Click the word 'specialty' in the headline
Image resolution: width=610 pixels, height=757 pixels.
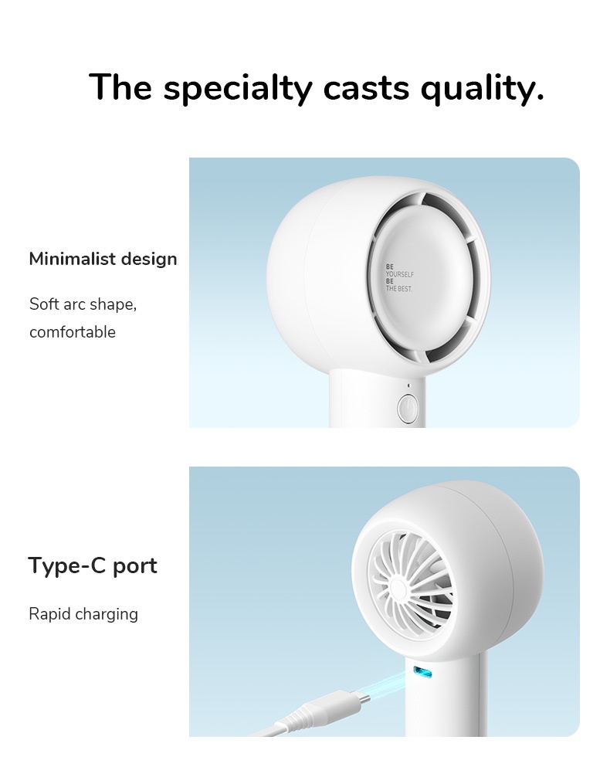point(238,87)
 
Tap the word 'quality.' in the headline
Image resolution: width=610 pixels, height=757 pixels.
point(482,87)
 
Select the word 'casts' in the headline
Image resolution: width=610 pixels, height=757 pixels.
point(366,87)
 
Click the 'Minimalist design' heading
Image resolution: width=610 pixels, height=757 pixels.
point(103,260)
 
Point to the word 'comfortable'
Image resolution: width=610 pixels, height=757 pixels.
point(73,332)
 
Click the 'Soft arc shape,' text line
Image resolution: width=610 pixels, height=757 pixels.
point(83,304)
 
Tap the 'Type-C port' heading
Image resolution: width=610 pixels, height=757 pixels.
point(93,565)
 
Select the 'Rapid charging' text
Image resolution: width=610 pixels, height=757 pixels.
point(83,614)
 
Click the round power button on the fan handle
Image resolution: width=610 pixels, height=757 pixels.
point(408,409)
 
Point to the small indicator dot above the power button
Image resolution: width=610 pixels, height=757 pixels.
point(408,385)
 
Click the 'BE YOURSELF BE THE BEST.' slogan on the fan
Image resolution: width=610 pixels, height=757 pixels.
point(399,277)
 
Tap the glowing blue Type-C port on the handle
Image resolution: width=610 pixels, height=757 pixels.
point(422,671)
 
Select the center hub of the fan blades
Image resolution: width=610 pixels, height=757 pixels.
point(398,589)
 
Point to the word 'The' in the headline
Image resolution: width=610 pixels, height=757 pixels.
point(120,87)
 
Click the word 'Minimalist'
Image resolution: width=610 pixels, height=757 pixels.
point(72,258)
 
